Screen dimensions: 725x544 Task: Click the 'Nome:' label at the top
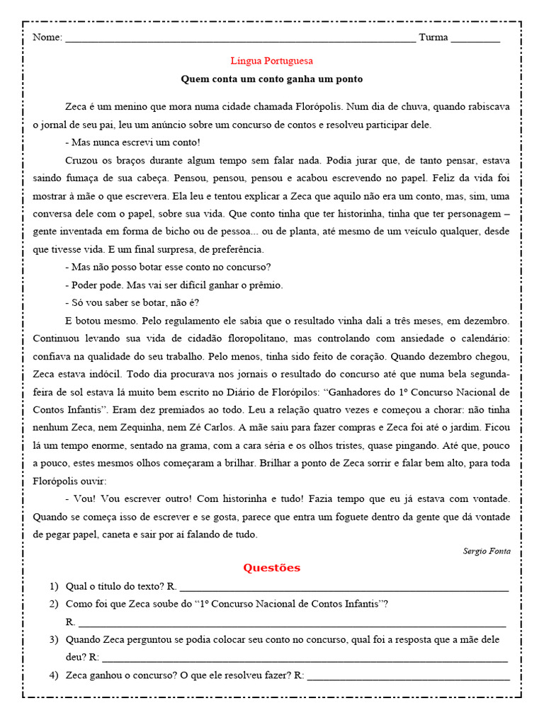(47, 38)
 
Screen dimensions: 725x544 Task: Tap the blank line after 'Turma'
(475, 39)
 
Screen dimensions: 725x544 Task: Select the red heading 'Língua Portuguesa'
(272, 61)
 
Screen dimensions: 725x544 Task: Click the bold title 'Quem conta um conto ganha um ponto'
(272, 79)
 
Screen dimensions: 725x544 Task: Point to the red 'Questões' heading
(272, 568)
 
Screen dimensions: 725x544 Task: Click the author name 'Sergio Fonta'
(486, 551)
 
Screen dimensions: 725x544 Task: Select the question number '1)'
(54, 586)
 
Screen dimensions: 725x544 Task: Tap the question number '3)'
(54, 639)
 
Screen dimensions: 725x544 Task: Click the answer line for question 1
(344, 588)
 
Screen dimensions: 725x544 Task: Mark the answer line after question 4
(408, 676)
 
